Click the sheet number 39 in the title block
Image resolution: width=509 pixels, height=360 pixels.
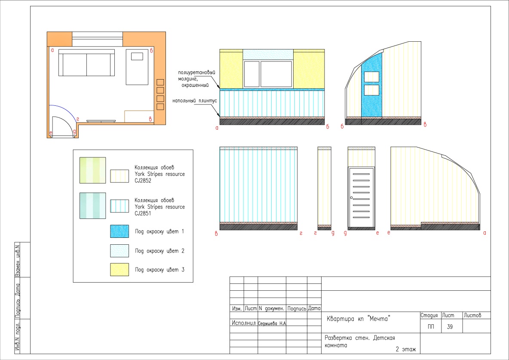[x=450, y=326]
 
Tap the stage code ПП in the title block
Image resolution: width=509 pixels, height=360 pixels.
[x=431, y=326]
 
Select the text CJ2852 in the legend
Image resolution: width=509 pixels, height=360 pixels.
[x=143, y=181]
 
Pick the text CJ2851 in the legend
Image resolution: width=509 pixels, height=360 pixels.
[x=143, y=213]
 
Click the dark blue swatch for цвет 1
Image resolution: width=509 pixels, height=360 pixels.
[x=120, y=231]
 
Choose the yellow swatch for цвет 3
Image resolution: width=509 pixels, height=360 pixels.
[x=120, y=270]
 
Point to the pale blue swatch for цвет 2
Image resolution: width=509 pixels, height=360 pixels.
[x=120, y=251]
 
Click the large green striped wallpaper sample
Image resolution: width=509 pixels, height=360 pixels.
[x=93, y=170]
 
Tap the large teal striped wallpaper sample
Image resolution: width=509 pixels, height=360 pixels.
[x=93, y=206]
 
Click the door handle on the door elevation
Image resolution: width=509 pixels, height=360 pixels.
[x=352, y=197]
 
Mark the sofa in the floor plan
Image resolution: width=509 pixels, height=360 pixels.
[x=87, y=63]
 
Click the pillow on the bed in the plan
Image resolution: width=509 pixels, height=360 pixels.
[x=137, y=56]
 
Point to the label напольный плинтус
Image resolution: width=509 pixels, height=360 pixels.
[x=195, y=101]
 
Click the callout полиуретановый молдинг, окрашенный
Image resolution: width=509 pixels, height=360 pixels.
[x=196, y=79]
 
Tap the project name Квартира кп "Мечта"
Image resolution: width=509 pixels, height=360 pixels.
[x=358, y=319]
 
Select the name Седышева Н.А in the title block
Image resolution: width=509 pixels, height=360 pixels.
[x=272, y=323]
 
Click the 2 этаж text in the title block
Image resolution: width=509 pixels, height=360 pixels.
[x=406, y=350]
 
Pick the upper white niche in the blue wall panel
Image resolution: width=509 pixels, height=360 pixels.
[x=371, y=77]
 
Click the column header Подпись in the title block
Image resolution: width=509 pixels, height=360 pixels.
[x=297, y=308]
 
